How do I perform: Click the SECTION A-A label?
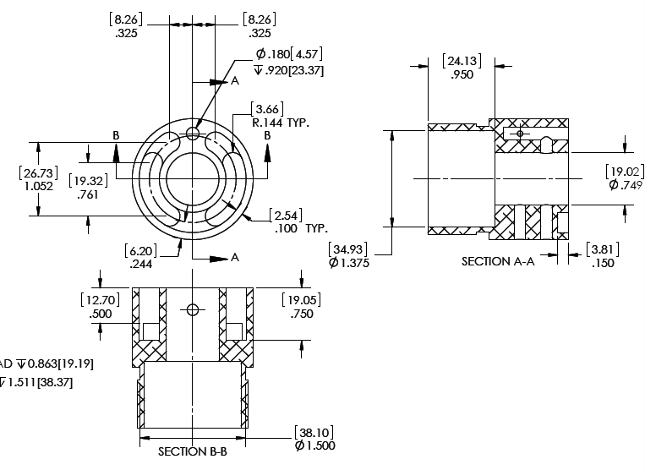[x=498, y=261]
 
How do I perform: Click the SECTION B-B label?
[x=193, y=451]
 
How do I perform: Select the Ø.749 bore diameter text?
[x=625, y=185]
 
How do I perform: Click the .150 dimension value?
[x=603, y=263]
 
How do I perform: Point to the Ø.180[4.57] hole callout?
[x=288, y=55]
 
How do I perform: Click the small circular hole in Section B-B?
[x=193, y=309]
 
